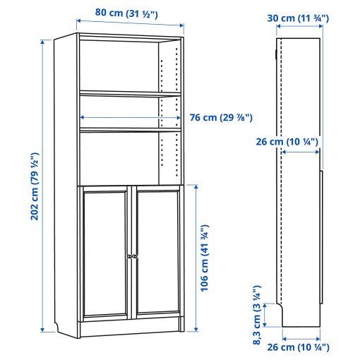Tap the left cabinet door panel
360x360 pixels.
pos(104,254)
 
